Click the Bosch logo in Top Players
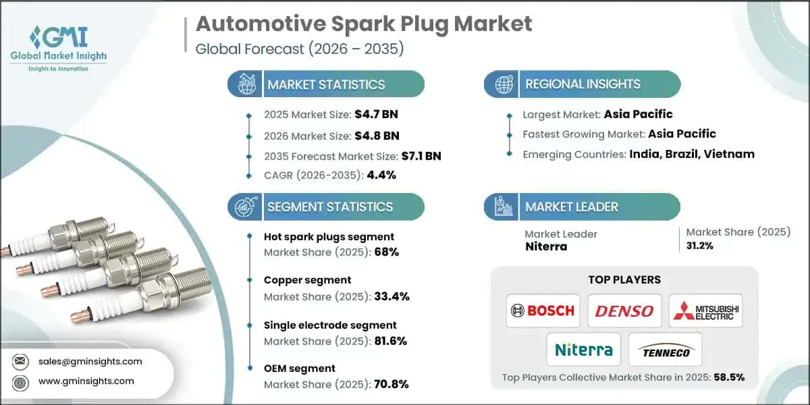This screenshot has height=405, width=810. (543, 310)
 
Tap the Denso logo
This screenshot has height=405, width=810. (624, 310)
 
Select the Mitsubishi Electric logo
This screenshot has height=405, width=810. (705, 310)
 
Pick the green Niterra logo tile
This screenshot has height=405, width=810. (583, 350)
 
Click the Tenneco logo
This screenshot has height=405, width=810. (665, 350)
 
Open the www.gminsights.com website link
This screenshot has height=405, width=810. (86, 381)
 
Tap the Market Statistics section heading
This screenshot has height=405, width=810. (326, 84)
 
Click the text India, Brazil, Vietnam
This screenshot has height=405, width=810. (692, 154)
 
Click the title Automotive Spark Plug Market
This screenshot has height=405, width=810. (364, 24)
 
